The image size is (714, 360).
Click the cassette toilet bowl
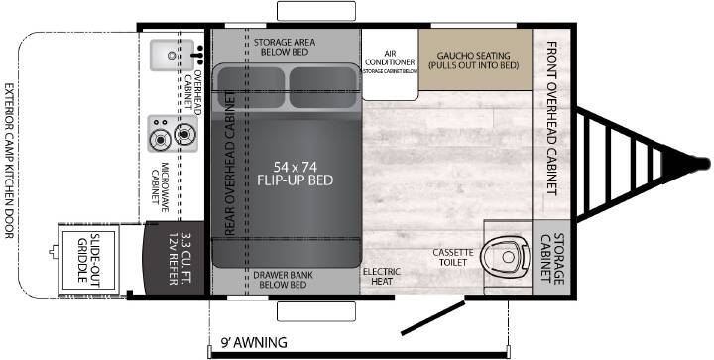coord(507,256)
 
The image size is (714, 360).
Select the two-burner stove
coord(173,133)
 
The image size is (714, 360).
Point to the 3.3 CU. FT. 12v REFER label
coord(178,260)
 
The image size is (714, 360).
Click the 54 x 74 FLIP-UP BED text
coord(296,174)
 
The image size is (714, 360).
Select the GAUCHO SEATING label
coord(474,60)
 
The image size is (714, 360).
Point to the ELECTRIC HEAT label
coord(382,277)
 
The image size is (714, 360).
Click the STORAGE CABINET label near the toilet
coord(552,259)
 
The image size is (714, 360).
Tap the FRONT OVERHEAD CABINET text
coord(552,118)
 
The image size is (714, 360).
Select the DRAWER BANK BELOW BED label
coord(284,280)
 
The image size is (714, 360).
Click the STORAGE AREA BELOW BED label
coord(285,47)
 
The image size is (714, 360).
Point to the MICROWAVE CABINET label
coord(160,182)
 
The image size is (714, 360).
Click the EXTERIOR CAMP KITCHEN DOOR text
coord(9,161)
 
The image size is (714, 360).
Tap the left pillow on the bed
coord(251,87)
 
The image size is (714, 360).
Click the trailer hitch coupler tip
coord(705,164)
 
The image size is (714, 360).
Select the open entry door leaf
coord(432,317)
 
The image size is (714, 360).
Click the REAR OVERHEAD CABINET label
coord(230,164)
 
